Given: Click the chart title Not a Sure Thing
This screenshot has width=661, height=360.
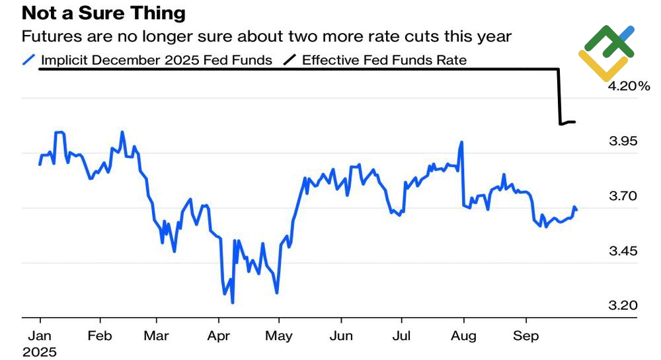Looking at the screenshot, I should [104, 13].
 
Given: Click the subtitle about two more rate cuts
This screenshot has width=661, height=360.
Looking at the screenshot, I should [266, 36].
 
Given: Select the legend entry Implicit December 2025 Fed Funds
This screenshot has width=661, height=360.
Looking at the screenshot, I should [156, 60].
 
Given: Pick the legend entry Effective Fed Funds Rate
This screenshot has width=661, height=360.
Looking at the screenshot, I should [384, 60].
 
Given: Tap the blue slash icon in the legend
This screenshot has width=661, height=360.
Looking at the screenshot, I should [28, 60].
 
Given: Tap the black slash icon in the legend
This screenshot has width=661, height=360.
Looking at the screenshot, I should [290, 60].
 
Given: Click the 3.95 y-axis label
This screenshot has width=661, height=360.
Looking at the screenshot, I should [623, 141].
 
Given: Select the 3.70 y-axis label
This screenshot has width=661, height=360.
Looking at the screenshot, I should [623, 196].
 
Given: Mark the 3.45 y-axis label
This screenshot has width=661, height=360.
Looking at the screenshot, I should [623, 250].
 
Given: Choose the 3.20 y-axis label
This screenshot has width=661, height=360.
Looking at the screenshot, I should [623, 305].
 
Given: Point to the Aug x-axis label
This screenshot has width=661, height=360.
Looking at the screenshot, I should [463, 336].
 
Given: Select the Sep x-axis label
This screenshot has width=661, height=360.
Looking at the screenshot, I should [525, 336].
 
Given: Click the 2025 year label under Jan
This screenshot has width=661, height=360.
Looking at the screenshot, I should [40, 352].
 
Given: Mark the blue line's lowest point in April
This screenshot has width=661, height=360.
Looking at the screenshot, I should [232, 303].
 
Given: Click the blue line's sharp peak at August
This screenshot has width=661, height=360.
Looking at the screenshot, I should [461, 142].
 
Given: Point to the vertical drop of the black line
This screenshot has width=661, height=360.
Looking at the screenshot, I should [559, 96].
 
